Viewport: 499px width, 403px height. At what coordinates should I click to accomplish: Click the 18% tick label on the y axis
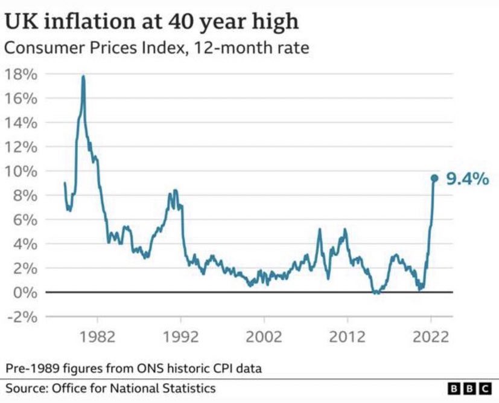[21, 74]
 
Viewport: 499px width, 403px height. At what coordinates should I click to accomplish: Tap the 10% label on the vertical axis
[21, 172]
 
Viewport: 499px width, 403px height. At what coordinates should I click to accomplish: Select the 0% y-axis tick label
[25, 293]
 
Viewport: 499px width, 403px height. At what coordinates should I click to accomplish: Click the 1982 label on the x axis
[97, 337]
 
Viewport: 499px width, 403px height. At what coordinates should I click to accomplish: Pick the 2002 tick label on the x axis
[264, 337]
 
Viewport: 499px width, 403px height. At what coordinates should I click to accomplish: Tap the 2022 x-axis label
[431, 337]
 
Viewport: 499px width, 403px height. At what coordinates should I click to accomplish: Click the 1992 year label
[180, 337]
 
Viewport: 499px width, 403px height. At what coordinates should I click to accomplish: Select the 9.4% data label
[467, 178]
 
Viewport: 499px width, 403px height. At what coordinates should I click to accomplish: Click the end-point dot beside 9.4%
[434, 178]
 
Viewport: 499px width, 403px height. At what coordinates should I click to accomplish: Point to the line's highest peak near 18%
[83, 77]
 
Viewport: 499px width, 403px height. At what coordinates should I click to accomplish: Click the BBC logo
[469, 388]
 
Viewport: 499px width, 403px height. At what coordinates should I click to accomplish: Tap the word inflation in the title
[100, 22]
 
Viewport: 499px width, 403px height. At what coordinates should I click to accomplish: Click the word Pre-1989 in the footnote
[33, 369]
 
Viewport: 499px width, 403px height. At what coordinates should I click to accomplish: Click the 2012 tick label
[347, 337]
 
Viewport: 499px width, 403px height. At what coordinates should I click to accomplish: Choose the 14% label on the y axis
[21, 123]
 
